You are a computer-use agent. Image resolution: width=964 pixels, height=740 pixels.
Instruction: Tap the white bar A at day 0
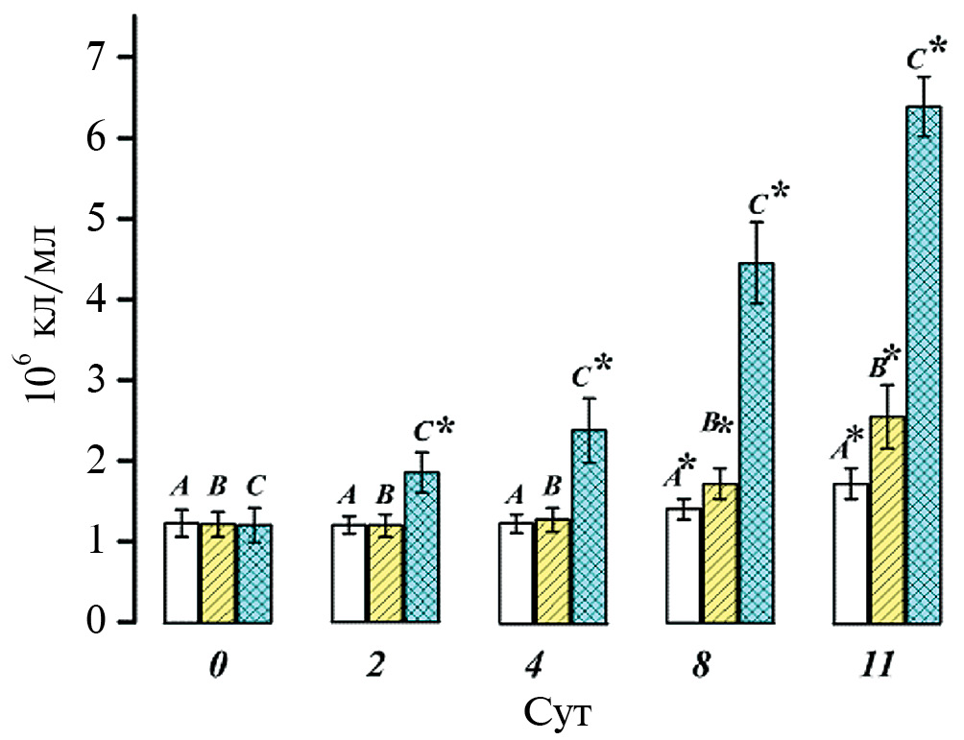pos(181,573)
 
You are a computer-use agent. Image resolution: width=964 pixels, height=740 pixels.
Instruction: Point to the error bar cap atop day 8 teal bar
pos(756,222)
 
